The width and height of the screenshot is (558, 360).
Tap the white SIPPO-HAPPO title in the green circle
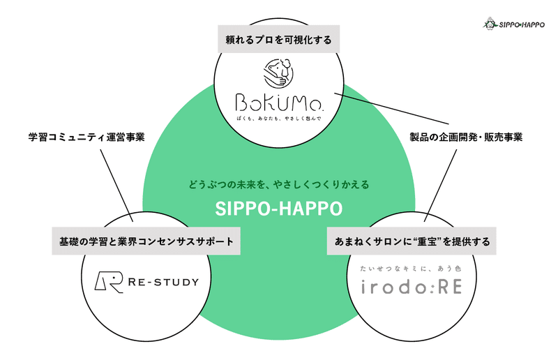[278, 208]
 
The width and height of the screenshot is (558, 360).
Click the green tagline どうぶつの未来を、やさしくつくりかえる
[278, 186]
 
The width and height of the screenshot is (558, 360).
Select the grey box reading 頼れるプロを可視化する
[278, 39]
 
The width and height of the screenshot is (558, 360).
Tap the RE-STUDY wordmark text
[163, 282]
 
